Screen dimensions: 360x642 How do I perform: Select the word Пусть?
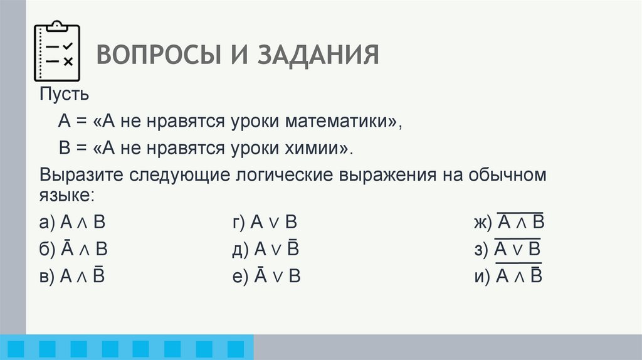65,95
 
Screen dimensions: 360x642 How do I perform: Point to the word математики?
343,122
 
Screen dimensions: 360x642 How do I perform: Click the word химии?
320,149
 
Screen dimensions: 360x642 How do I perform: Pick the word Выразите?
82,175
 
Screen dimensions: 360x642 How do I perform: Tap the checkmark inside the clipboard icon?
68,46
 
